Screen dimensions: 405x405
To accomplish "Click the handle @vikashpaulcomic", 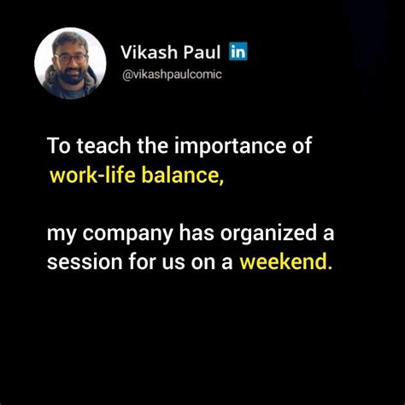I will click(171, 75).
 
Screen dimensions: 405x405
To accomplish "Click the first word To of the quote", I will click(58, 145).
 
